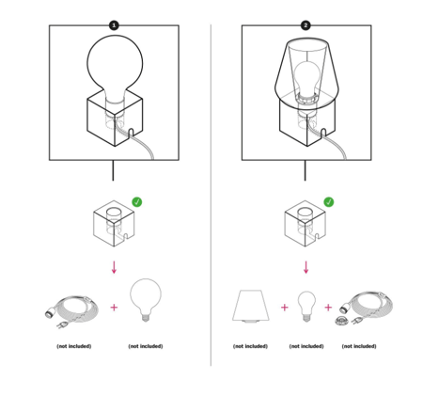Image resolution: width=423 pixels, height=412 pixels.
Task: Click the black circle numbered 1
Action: point(114,25)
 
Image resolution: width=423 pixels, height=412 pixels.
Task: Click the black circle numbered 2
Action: point(305,25)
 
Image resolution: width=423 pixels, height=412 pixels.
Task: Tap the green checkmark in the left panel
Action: point(137,202)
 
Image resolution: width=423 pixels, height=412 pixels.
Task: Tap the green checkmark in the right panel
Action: point(329,202)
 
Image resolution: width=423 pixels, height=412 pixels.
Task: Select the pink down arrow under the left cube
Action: point(114,267)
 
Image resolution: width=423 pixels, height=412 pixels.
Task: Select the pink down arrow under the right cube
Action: point(306,267)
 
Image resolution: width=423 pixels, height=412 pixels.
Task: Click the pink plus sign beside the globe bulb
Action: point(114,308)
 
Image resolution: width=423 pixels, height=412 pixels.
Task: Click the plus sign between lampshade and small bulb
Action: point(285,308)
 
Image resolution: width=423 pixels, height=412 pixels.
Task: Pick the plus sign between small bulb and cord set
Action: point(328,308)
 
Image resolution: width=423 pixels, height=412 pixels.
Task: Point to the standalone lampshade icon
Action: point(251,306)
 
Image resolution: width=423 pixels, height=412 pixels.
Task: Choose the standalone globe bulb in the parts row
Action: point(146,300)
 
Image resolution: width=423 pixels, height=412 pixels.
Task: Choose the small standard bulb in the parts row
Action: point(306,307)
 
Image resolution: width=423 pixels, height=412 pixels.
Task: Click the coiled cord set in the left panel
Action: point(71,311)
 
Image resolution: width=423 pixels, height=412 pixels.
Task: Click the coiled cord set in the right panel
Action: point(365,309)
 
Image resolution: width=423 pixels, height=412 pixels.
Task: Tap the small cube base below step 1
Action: point(114,223)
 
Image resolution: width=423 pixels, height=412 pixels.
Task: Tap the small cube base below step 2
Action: point(305,223)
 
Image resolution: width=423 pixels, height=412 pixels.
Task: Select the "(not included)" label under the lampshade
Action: point(250,346)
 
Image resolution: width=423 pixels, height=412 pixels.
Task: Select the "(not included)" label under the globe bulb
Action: point(146,346)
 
